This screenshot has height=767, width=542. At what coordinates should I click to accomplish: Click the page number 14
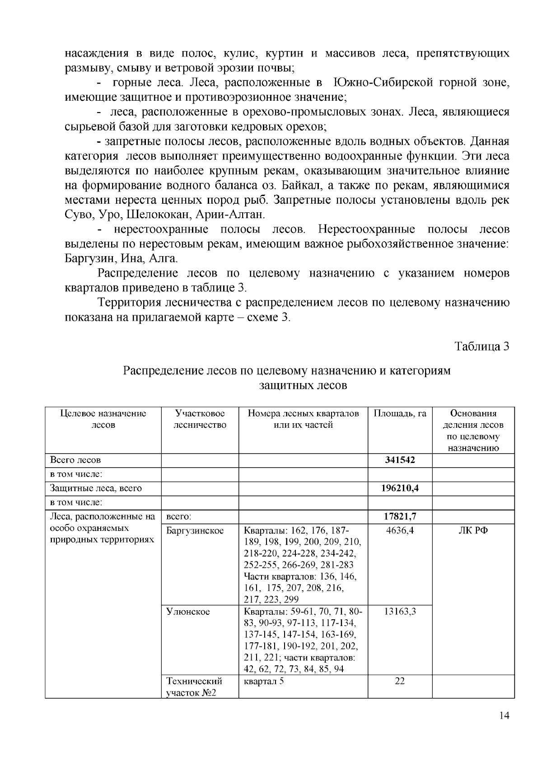[505, 728]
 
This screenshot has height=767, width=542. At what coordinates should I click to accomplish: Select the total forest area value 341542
[400, 460]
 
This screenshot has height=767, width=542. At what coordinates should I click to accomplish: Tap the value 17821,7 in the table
[400, 516]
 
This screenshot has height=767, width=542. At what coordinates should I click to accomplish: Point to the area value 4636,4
[400, 530]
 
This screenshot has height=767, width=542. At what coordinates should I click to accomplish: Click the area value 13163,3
[400, 612]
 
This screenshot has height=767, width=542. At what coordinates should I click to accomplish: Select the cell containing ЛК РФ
[473, 530]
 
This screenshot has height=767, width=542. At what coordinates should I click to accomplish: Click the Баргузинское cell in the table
[195, 530]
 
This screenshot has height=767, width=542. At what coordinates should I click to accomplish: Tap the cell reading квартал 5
[264, 681]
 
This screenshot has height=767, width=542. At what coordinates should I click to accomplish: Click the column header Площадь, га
[400, 413]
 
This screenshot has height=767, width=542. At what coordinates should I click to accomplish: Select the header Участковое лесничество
[200, 419]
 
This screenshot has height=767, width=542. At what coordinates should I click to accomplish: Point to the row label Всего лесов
[75, 460]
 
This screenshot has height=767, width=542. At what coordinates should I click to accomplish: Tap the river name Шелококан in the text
[155, 214]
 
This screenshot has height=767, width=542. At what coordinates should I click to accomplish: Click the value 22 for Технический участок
[400, 681]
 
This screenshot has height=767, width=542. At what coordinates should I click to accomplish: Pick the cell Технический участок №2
[194, 687]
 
